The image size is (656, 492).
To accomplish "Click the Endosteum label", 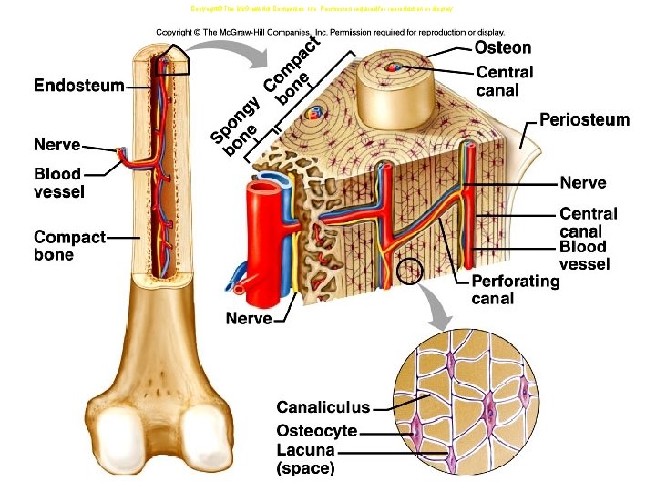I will click(78, 87).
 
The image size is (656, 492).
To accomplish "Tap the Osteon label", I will click(503, 46).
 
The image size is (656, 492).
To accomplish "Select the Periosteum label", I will click(584, 120).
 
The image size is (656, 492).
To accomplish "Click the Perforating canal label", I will click(515, 290).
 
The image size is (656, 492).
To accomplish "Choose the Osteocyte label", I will click(316, 430).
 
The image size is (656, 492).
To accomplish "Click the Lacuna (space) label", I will click(306, 459).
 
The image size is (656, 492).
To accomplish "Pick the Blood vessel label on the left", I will click(58, 182).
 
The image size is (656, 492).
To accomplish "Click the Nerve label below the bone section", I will click(249, 318).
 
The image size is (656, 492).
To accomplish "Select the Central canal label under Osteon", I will click(505, 80).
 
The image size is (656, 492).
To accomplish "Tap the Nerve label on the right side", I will click(583, 183).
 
